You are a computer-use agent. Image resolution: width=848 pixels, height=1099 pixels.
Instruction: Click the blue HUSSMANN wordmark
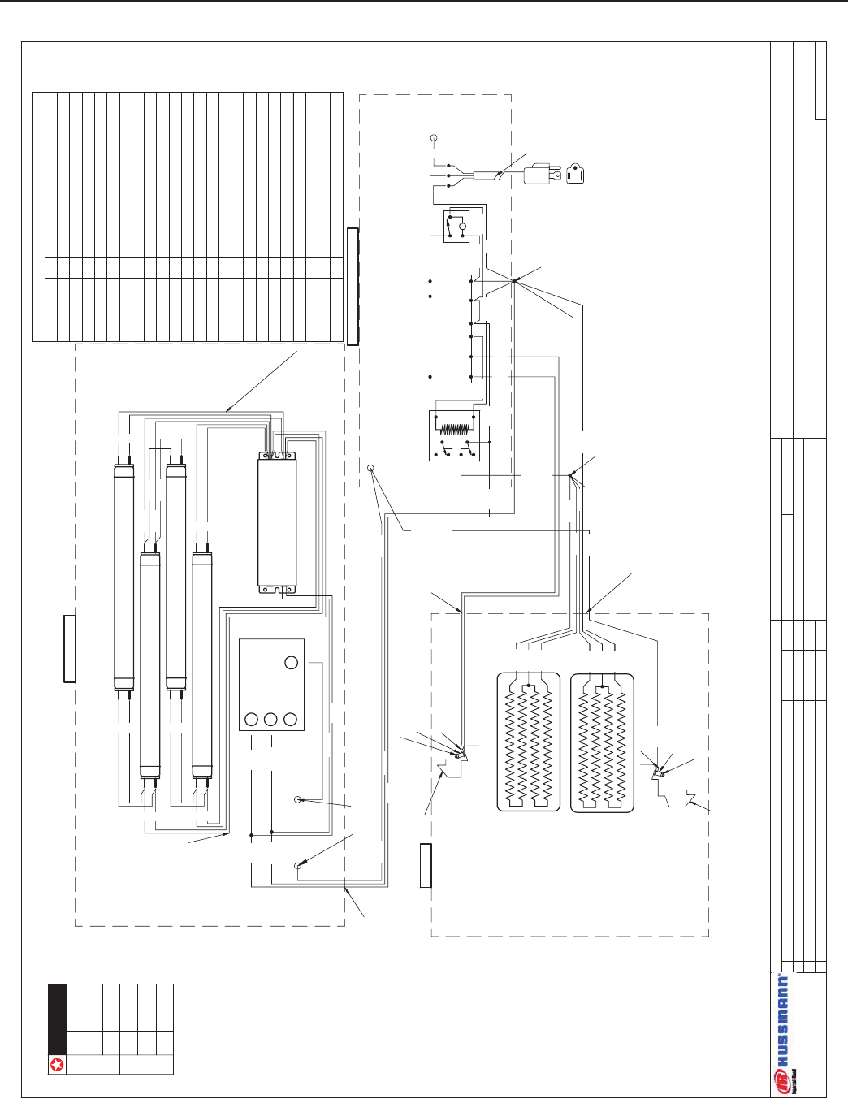(x=783, y=1020)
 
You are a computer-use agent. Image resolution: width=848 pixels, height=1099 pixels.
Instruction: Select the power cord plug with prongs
(x=539, y=175)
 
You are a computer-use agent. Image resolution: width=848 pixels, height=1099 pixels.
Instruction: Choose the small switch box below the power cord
(x=456, y=226)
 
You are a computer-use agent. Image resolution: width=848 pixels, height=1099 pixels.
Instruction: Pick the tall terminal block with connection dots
(x=450, y=328)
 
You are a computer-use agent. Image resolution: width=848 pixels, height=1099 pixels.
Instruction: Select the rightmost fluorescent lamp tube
(x=201, y=665)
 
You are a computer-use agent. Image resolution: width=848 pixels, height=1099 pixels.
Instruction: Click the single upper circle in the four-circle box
(x=292, y=663)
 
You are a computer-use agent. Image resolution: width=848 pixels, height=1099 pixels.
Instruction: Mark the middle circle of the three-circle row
(x=271, y=719)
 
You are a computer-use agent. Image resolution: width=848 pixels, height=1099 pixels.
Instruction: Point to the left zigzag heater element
(x=528, y=742)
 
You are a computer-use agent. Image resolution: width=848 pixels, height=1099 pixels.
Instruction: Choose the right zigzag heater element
(x=602, y=742)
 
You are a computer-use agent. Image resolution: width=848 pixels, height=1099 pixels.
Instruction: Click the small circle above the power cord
(x=434, y=138)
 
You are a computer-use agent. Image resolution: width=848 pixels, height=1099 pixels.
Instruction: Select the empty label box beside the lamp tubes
(x=70, y=648)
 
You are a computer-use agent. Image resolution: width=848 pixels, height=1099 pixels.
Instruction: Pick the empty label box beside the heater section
(x=426, y=865)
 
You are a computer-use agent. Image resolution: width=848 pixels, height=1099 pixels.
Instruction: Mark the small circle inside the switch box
(x=463, y=227)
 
